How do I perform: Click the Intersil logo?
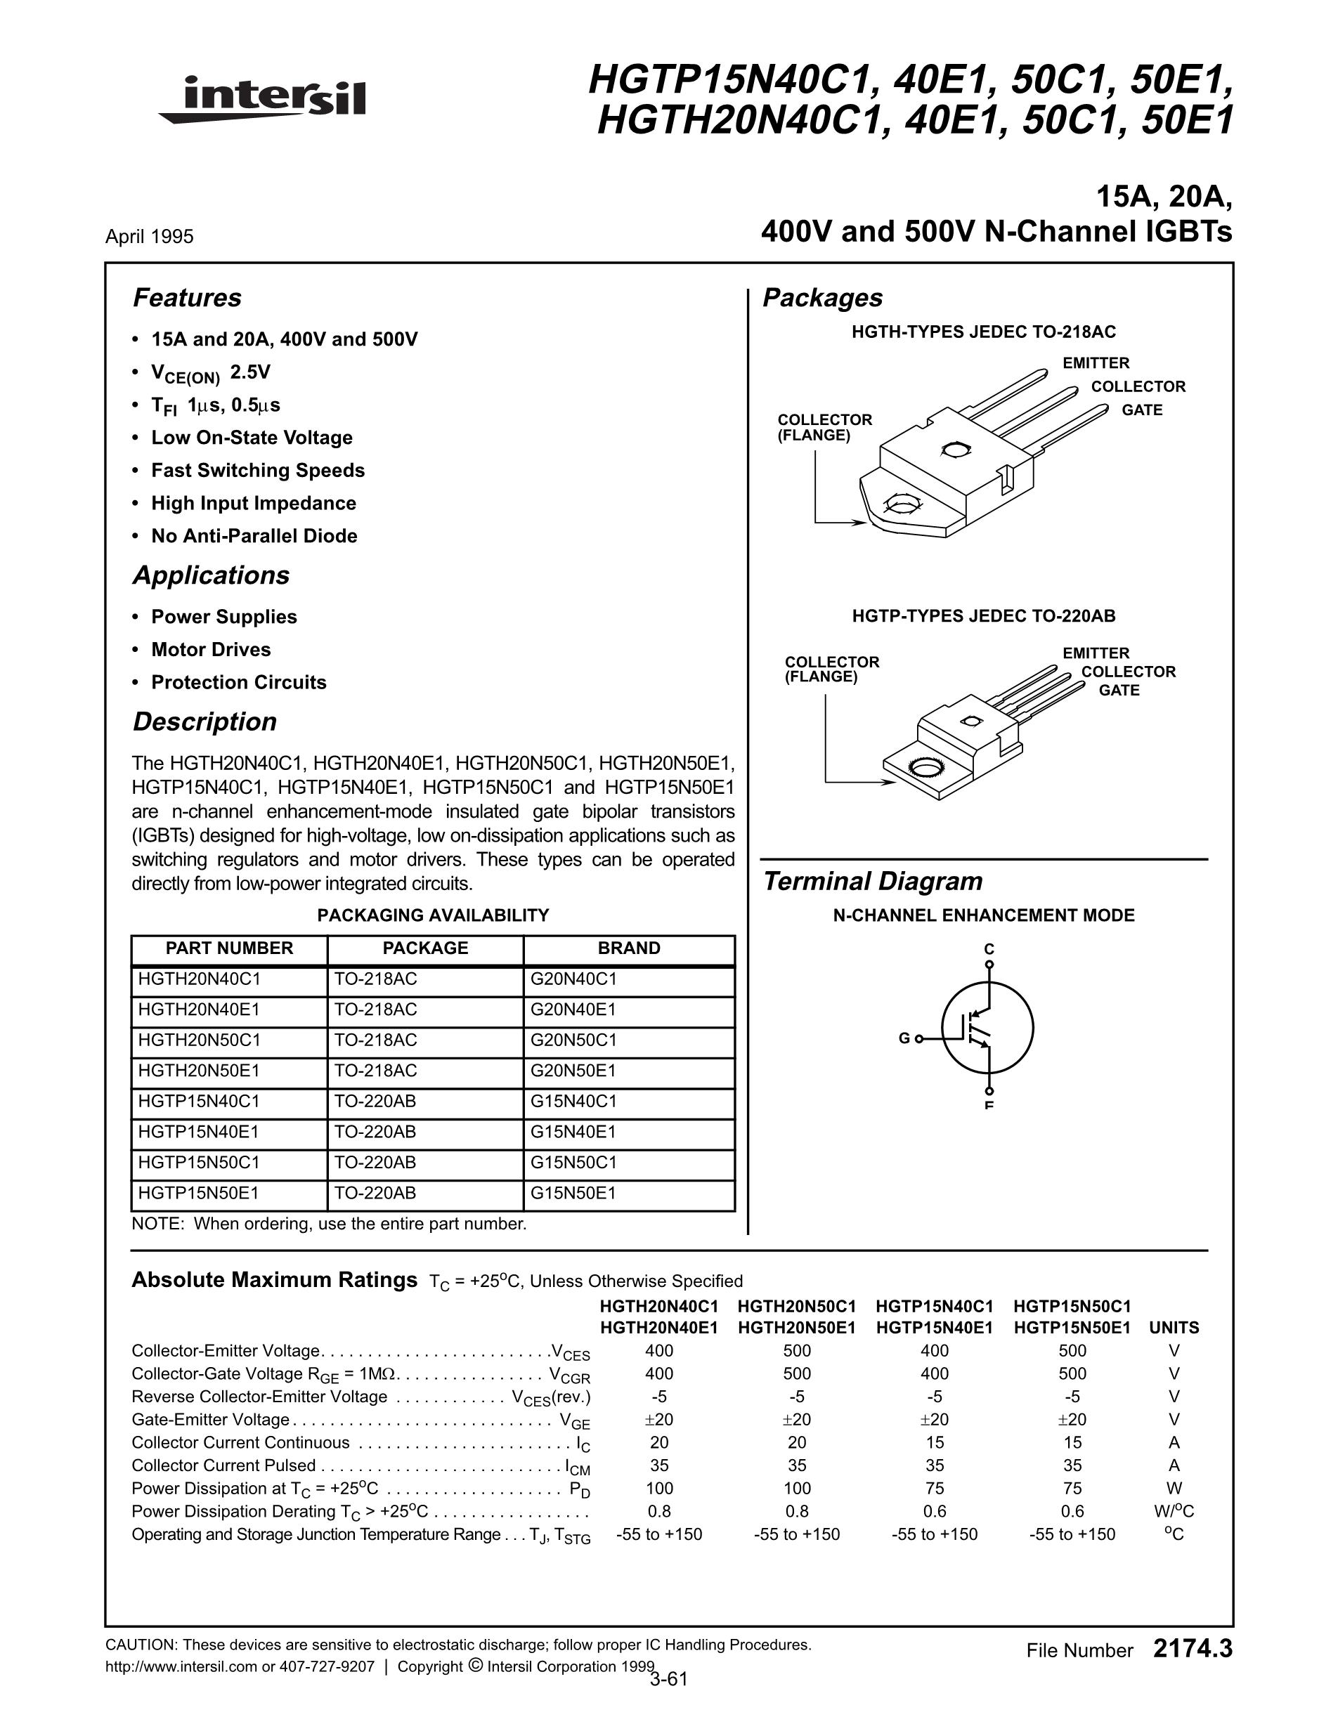pyautogui.click(x=262, y=100)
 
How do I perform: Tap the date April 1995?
pyautogui.click(x=149, y=236)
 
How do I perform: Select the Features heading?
pyautogui.click(x=187, y=298)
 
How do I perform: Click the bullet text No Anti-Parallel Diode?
pyautogui.click(x=254, y=536)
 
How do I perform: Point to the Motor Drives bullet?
pyautogui.click(x=211, y=650)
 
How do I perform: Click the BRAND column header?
pyautogui.click(x=628, y=948)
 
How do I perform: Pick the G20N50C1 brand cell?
pyautogui.click(x=573, y=1040)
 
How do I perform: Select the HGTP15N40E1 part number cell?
pyautogui.click(x=198, y=1132)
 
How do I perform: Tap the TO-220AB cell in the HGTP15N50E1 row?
pyautogui.click(x=375, y=1193)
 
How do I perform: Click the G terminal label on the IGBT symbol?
pyautogui.click(x=904, y=1038)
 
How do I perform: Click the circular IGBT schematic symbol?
pyautogui.click(x=987, y=1028)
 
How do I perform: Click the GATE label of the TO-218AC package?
pyautogui.click(x=1141, y=410)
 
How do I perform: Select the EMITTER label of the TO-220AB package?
pyautogui.click(x=1096, y=653)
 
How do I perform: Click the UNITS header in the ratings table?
pyautogui.click(x=1174, y=1328)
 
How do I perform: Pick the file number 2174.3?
pyautogui.click(x=1193, y=1650)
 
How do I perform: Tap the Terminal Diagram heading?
pyautogui.click(x=872, y=882)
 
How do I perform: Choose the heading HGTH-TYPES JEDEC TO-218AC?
pyautogui.click(x=983, y=332)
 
